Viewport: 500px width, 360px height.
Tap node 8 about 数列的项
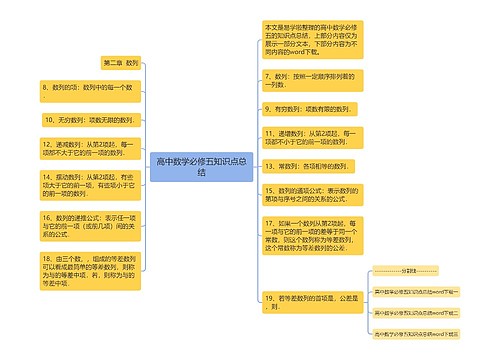click(x=87, y=89)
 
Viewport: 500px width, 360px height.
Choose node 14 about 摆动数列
click(x=86, y=183)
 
